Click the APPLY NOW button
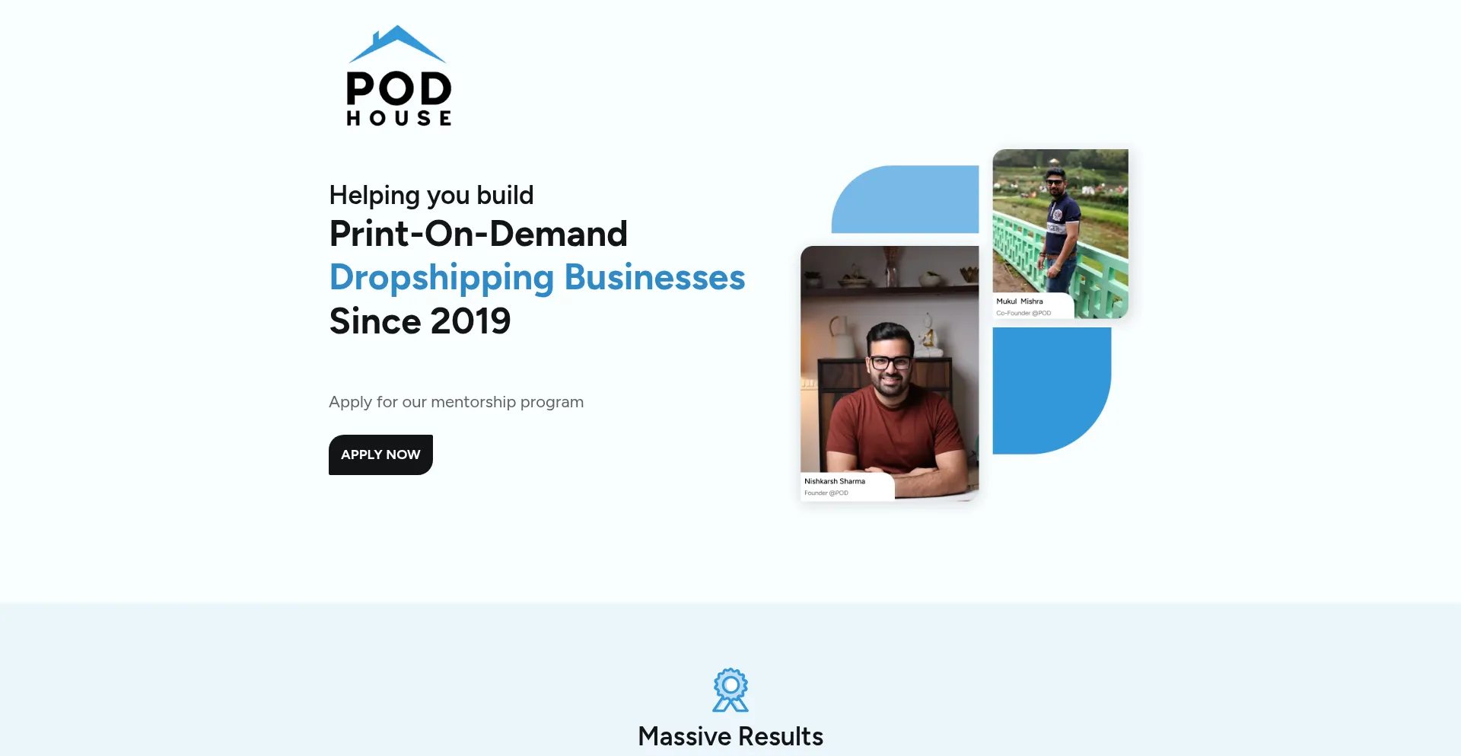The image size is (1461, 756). [x=380, y=455]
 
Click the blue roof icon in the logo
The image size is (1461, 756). [x=397, y=44]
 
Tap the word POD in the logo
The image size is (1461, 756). [x=399, y=88]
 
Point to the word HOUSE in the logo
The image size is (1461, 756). [x=399, y=118]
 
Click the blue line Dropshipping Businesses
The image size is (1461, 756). [x=537, y=278]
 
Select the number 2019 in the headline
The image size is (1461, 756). [x=470, y=321]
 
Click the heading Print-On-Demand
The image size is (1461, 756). [x=479, y=234]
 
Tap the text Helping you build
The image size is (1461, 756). [x=431, y=196]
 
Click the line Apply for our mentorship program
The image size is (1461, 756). [x=457, y=402]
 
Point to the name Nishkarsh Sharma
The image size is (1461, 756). [x=835, y=481]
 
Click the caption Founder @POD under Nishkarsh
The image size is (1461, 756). [x=826, y=493]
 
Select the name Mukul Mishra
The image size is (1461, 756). [x=1020, y=301]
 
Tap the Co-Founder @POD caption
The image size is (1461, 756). [x=1023, y=313]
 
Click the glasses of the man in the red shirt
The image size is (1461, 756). [x=890, y=362]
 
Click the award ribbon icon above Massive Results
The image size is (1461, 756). [x=730, y=690]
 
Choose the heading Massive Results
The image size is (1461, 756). [x=730, y=736]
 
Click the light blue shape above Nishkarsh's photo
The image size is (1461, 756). [x=906, y=199]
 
